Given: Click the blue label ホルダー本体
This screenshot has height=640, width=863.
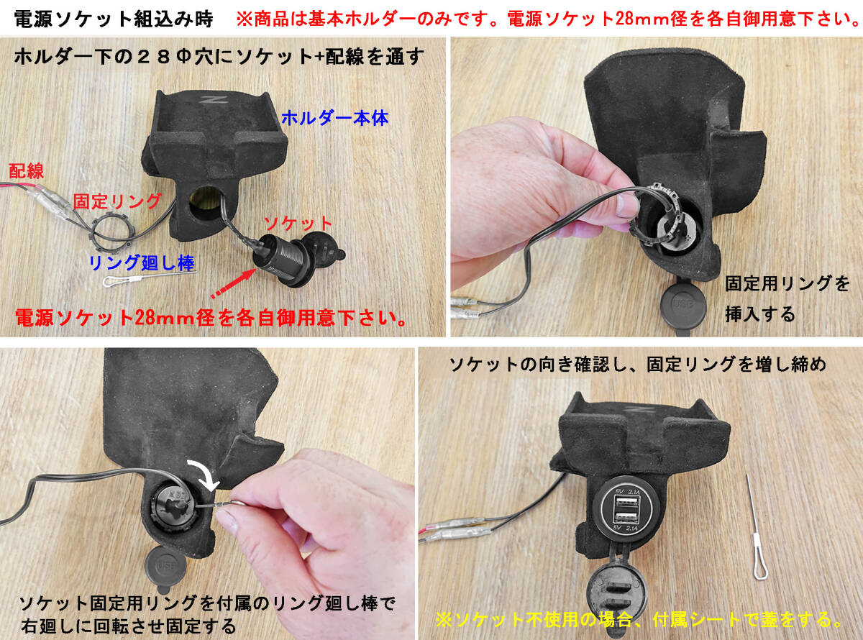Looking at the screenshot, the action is [334, 118].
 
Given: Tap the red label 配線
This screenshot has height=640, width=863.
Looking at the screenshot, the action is [26, 171].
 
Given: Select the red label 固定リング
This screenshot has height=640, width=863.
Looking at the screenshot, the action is [117, 201].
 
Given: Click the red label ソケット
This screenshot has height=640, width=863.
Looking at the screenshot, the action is [298, 224].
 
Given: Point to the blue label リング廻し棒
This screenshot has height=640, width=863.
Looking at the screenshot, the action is [142, 263].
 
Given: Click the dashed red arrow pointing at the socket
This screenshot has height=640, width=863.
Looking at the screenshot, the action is [233, 283].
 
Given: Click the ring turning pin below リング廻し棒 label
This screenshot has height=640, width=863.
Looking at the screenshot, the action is [150, 278].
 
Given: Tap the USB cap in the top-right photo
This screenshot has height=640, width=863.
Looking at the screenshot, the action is [684, 305].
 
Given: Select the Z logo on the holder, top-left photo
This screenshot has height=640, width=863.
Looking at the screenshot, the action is [211, 100].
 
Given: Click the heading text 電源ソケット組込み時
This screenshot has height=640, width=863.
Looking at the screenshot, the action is [114, 19].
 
